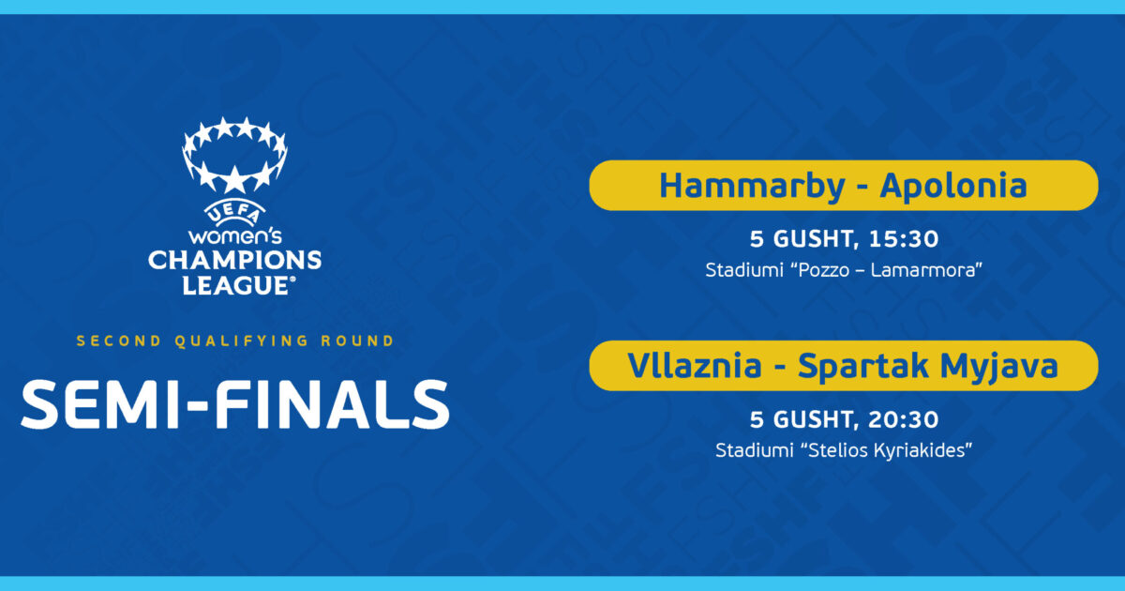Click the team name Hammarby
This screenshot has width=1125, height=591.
[x=752, y=187]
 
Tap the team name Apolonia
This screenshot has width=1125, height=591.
[x=953, y=187]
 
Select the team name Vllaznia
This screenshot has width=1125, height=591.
[x=695, y=365]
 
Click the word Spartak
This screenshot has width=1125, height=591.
[x=862, y=367]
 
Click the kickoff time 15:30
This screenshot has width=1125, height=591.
[x=904, y=239]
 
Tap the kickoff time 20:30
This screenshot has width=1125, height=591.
[x=904, y=419]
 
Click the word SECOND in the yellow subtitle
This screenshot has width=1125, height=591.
[x=118, y=341]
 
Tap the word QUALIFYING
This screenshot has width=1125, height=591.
[x=241, y=341]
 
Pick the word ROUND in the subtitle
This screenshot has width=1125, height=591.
[x=357, y=341]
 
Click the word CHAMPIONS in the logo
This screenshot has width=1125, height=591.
[x=234, y=261]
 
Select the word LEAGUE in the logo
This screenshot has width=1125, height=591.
[x=236, y=285]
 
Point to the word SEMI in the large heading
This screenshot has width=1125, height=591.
[x=99, y=404]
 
